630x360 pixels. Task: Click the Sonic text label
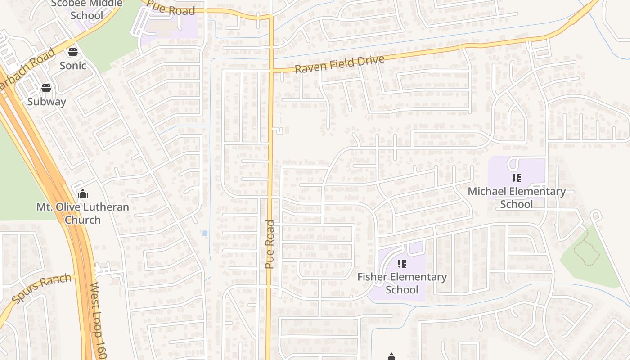click(73, 66)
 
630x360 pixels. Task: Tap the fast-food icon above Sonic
click(73, 52)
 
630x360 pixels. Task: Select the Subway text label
click(47, 102)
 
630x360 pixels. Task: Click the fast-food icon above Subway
click(46, 88)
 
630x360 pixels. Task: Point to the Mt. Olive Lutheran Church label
click(83, 213)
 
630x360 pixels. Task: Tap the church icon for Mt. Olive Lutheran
click(83, 194)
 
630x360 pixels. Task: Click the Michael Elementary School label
click(517, 198)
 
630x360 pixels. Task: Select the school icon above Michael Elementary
click(516, 178)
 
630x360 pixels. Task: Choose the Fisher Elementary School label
click(402, 283)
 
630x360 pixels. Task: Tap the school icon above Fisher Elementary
click(402, 263)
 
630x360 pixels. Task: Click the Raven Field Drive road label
click(340, 64)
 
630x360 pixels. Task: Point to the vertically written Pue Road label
click(270, 244)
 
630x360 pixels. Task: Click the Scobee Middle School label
click(87, 9)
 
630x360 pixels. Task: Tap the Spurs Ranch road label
click(42, 288)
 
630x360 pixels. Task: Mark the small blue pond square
click(205, 233)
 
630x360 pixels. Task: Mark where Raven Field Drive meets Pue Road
click(271, 71)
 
